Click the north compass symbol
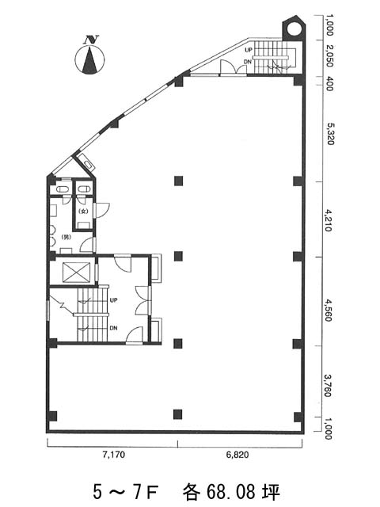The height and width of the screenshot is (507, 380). [x=89, y=60]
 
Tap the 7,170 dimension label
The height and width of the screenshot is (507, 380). [x=113, y=455]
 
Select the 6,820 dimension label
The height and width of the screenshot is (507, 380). [x=237, y=455]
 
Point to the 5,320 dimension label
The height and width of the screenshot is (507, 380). [x=329, y=134]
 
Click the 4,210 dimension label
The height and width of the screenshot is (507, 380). [x=328, y=220]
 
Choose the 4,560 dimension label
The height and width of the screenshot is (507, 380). [x=328, y=310]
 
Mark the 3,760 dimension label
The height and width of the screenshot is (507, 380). [x=328, y=386]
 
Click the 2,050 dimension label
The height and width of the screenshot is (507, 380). [x=329, y=55]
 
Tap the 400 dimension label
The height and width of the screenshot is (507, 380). [x=329, y=84]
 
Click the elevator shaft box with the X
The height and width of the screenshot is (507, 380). [x=77, y=273]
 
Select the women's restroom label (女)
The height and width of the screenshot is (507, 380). [x=83, y=212]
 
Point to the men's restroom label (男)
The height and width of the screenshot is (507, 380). [x=66, y=237]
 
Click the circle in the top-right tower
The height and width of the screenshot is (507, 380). [x=294, y=29]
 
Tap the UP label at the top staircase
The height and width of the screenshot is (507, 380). [x=248, y=50]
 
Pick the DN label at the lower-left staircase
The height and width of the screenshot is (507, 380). [x=113, y=328]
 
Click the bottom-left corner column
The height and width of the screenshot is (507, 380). [x=52, y=416]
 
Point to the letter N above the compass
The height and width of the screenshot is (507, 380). [x=91, y=40]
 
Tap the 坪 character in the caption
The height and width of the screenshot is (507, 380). [x=271, y=491]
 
